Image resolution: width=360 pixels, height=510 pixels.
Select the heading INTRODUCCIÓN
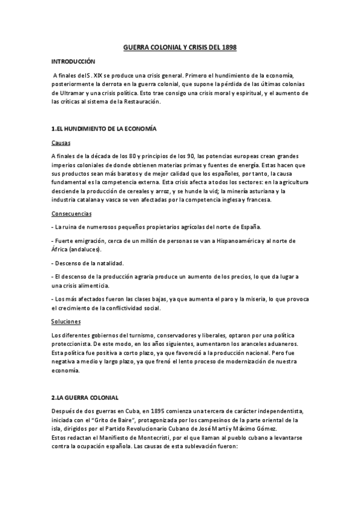[x=73, y=61]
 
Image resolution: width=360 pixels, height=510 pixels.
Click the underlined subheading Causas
[x=61, y=143]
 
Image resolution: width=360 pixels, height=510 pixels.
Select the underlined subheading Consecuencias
[x=72, y=213]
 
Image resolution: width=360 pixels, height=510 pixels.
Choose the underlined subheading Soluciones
[x=66, y=322]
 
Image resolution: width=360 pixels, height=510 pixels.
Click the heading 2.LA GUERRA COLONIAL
[x=86, y=398]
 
